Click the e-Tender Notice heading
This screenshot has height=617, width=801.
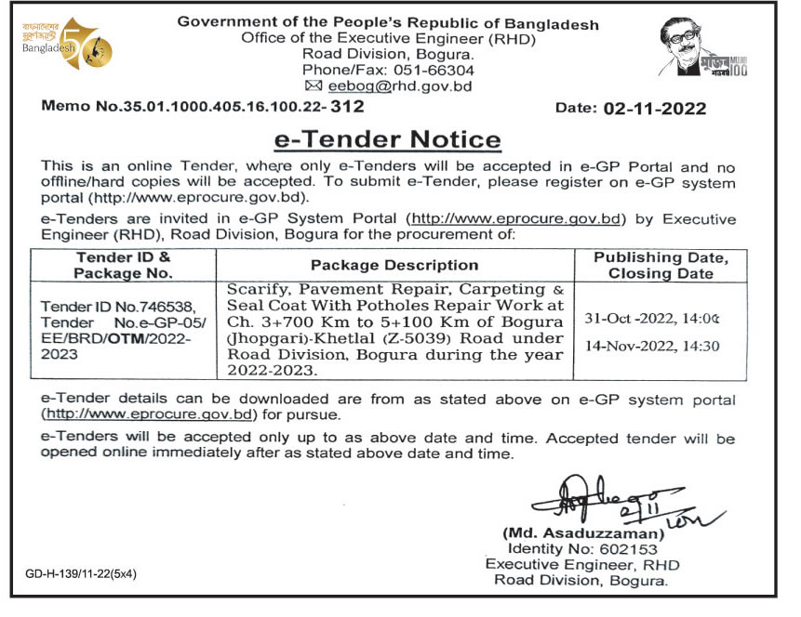(387, 140)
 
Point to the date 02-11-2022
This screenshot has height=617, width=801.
(654, 109)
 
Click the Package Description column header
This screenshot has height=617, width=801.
(394, 266)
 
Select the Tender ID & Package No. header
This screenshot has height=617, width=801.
(124, 265)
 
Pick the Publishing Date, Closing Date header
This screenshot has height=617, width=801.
(661, 265)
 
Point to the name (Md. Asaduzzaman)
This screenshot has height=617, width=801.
(583, 534)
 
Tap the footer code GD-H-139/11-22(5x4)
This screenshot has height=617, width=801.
(81, 573)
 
